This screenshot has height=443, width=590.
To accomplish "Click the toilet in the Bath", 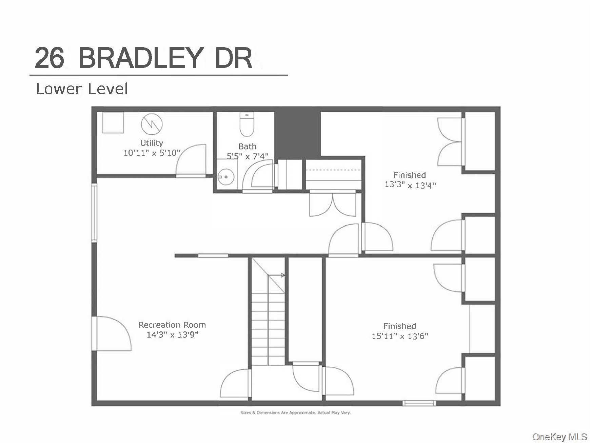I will coord(247,124).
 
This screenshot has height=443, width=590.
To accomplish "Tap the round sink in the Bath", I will coord(224,177).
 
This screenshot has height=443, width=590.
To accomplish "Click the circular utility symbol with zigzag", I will coord(152,124).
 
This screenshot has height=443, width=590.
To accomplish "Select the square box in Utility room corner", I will coord(113,122).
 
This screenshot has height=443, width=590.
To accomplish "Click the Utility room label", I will coord(152,143).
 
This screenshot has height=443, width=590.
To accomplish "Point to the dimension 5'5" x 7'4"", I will coord(247,156).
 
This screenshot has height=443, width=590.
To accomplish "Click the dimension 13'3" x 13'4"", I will coord(410,185).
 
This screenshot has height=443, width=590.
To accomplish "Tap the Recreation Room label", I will coord(172,325).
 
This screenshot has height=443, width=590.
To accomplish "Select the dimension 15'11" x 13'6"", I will coord(400,336).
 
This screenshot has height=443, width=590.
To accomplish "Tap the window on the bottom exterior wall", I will coord(419,403).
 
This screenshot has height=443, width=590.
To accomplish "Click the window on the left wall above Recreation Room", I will coord(94,213).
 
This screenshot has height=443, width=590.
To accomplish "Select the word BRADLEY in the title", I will coord(140,58).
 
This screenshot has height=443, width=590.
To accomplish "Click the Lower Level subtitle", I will coord(82,89).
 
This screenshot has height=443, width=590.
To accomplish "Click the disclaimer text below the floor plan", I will coord(295,413).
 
